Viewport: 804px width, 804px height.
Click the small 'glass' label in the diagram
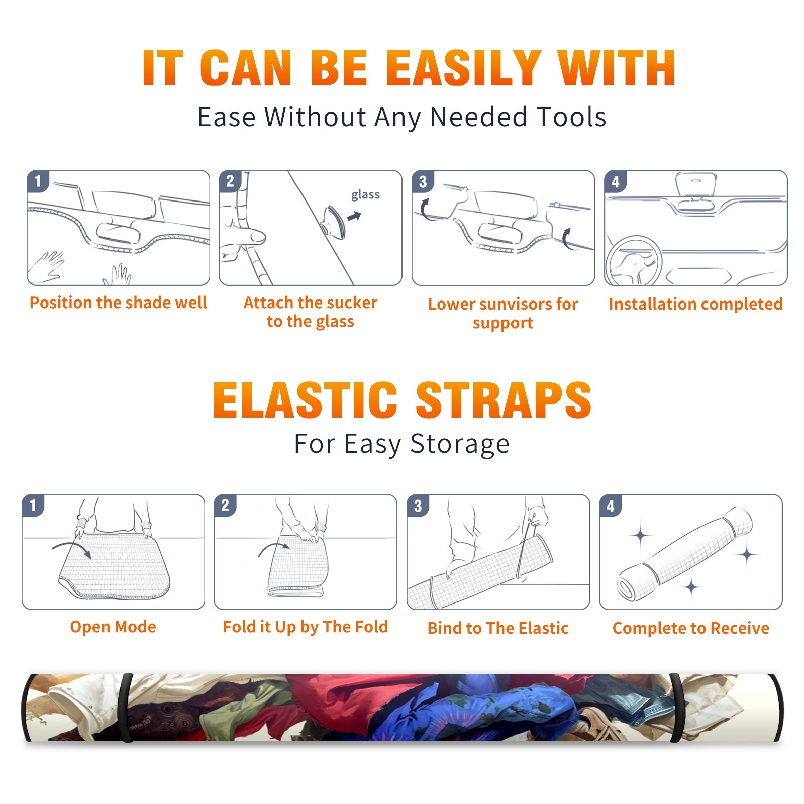[x=365, y=195]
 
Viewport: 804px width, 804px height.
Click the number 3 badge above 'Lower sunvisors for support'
[x=423, y=181]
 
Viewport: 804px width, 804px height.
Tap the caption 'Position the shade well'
[x=118, y=303]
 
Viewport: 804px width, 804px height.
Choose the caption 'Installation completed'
[x=695, y=304]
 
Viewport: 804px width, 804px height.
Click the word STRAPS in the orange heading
[x=504, y=400]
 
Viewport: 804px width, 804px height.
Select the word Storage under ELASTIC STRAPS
[x=460, y=444]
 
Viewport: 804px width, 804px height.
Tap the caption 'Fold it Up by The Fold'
[x=306, y=627]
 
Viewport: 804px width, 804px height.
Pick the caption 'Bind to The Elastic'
[x=498, y=628]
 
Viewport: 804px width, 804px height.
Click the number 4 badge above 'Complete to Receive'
[x=611, y=506]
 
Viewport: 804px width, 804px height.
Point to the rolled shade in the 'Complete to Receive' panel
[x=684, y=554]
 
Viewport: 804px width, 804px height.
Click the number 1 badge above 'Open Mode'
[x=33, y=506]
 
